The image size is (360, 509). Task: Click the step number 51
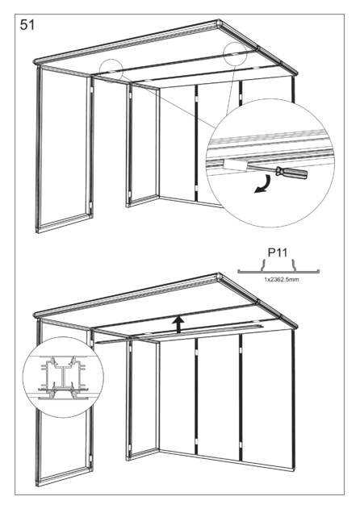(27, 25)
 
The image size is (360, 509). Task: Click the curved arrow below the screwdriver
(263, 185)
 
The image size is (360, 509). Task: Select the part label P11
(278, 252)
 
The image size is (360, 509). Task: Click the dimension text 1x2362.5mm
(282, 279)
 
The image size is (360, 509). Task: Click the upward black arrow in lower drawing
(178, 325)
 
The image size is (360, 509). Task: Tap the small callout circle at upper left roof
(111, 69)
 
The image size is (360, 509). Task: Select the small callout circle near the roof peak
(235, 53)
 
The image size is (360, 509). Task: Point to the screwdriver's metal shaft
(262, 169)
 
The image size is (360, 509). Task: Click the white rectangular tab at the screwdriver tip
(237, 164)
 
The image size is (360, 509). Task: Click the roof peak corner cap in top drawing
(218, 23)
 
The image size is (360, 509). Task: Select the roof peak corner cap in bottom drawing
(218, 277)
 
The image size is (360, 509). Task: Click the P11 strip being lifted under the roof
(178, 334)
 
